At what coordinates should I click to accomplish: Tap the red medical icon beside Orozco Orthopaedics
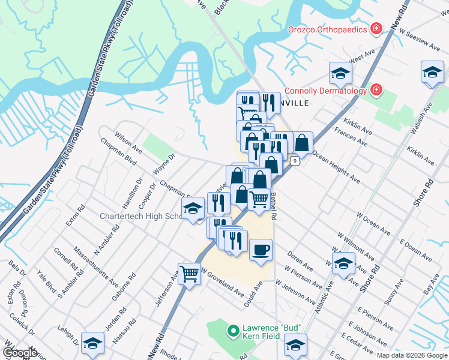tap(376, 28)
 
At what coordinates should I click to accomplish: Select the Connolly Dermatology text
tap(325, 91)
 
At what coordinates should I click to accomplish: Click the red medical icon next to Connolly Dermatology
tap(376, 91)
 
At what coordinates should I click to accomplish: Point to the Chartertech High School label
tap(142, 216)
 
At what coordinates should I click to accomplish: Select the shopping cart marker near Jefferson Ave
tap(190, 274)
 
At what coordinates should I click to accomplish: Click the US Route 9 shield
tap(294, 161)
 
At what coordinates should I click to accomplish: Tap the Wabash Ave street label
tap(426, 120)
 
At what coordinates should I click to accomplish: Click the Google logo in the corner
tap(19, 352)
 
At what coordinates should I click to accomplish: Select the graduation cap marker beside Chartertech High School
tap(193, 208)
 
